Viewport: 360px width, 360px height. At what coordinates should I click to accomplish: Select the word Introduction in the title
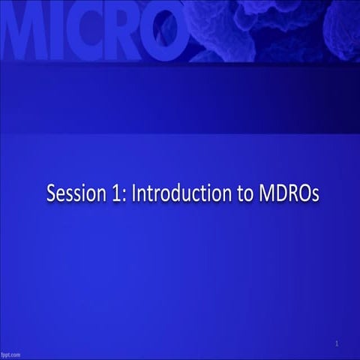coord(177,193)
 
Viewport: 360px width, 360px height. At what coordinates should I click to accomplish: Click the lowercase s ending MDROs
coord(315,195)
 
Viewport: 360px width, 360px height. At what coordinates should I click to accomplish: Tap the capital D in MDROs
coord(277,193)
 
